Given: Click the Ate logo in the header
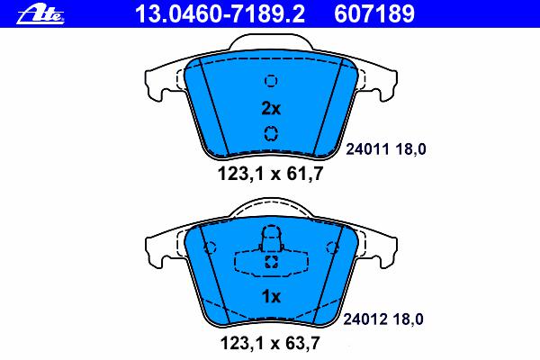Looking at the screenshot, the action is [x=40, y=14].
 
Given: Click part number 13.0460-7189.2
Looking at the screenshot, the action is [x=220, y=13].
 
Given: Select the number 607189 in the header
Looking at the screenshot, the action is [x=374, y=13].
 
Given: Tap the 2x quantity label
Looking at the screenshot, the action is [x=271, y=109].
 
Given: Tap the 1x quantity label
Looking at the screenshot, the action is [x=271, y=296].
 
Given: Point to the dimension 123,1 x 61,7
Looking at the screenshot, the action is [x=270, y=174].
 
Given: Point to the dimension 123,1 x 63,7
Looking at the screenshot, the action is [x=270, y=343].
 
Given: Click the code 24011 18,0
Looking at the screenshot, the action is [x=386, y=149].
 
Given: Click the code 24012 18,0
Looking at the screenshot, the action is [x=383, y=319].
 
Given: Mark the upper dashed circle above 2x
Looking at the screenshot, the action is [x=271, y=81].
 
